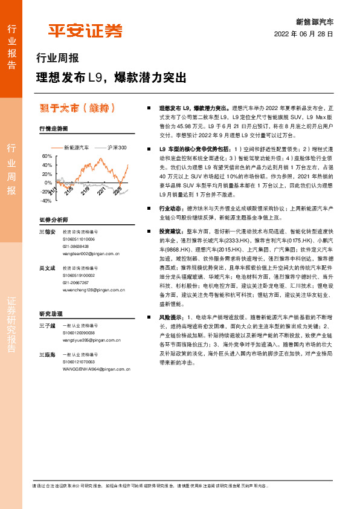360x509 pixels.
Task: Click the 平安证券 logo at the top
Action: (x=85, y=30)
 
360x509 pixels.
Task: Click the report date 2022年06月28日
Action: (x=304, y=34)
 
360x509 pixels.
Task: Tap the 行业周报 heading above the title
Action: (x=57, y=59)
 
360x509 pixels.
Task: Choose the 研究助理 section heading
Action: (x=51, y=314)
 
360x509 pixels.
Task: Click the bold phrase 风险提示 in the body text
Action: (x=170, y=317)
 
